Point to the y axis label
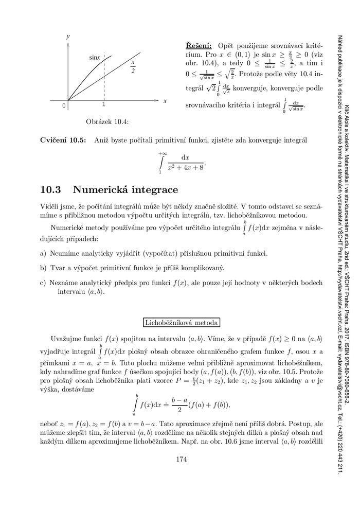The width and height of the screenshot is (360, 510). click(68, 38)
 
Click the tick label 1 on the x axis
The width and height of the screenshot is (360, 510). click(104, 105)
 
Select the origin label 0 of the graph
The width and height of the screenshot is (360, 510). click(64, 105)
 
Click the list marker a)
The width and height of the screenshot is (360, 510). click(43, 254)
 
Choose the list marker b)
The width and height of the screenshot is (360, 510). click(43, 268)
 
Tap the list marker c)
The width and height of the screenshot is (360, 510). click(43, 283)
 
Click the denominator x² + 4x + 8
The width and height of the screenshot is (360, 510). click(186, 167)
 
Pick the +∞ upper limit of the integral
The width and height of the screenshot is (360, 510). click(163, 153)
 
